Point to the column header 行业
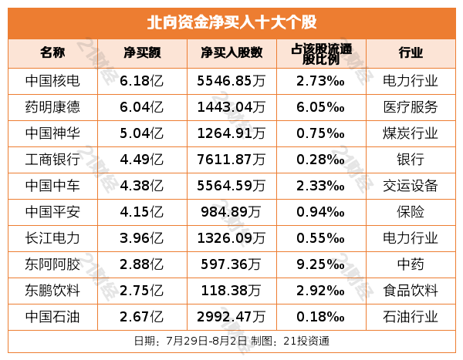(411, 52)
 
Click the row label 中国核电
(52, 80)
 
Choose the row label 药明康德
(52, 106)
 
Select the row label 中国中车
(52, 186)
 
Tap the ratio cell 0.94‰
(320, 212)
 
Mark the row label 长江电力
(52, 238)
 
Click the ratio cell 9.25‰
(320, 264)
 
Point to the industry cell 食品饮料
(411, 291)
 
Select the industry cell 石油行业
(411, 317)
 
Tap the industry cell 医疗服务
(411, 106)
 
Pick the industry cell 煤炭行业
(411, 133)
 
